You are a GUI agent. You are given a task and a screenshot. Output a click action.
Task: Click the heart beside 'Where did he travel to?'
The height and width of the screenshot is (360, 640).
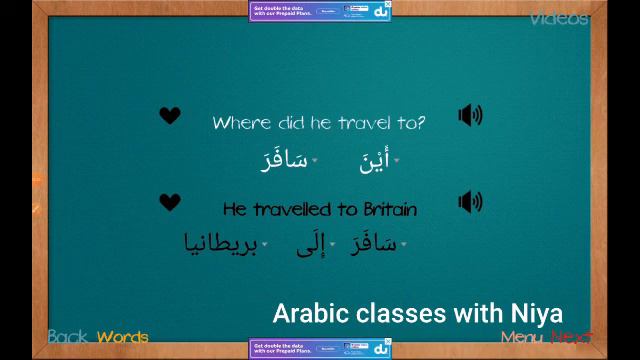pyautogui.click(x=170, y=116)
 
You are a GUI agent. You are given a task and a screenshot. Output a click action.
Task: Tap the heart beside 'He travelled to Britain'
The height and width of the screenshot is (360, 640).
pyautogui.click(x=170, y=202)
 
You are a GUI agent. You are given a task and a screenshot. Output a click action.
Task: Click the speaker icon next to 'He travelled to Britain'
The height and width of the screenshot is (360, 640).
pyautogui.click(x=470, y=202)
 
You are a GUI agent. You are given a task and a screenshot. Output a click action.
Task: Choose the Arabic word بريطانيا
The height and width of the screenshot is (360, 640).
pyautogui.click(x=221, y=244)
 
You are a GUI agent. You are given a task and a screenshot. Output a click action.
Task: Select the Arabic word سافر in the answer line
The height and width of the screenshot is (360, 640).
pyautogui.click(x=374, y=244)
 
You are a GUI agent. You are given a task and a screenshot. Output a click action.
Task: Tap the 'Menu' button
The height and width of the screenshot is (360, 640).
pyautogui.click(x=522, y=337)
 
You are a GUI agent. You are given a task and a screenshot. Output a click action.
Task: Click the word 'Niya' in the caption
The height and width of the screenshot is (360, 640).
pyautogui.click(x=536, y=313)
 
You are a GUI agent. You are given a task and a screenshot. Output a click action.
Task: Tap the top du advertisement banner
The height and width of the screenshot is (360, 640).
pyautogui.click(x=319, y=10)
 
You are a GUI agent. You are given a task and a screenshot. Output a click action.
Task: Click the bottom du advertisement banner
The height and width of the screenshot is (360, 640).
pyautogui.click(x=319, y=349)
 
